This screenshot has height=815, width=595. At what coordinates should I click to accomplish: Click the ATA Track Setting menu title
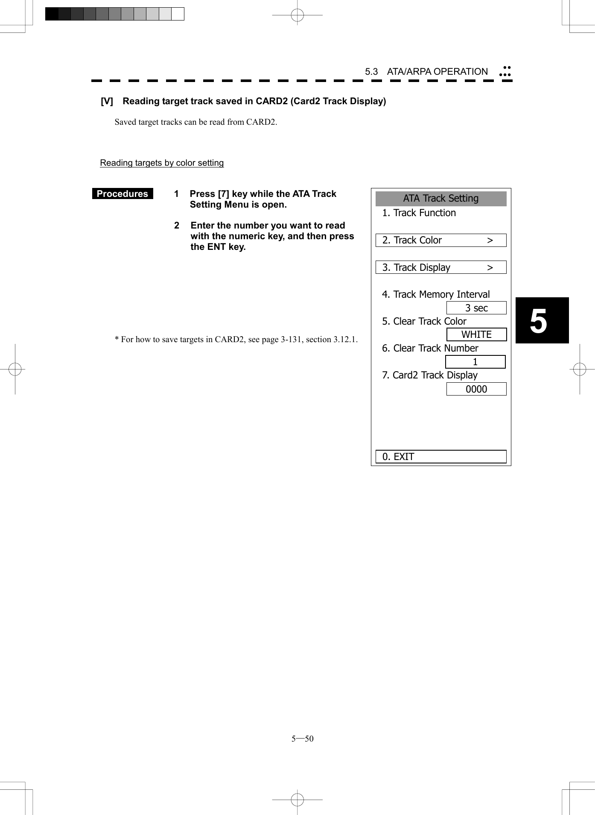coord(440,199)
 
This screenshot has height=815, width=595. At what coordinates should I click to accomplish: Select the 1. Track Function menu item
coord(419,213)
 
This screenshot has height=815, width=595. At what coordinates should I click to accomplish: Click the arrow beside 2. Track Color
coord(490,240)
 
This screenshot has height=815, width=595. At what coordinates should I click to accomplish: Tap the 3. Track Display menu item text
coord(416,267)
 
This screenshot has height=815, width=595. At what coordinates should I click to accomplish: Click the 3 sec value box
coord(476,308)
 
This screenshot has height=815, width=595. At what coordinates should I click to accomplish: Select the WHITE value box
coord(476,334)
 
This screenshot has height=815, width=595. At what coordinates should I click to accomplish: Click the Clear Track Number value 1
coord(475,362)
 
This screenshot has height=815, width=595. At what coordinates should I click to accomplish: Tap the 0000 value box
coord(476,389)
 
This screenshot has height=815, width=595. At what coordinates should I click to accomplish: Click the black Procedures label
coord(122,194)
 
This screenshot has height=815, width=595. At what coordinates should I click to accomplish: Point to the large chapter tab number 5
coord(539,321)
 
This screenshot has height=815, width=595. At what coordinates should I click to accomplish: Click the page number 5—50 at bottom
coord(302,739)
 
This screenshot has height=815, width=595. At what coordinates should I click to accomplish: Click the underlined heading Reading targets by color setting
coord(162,163)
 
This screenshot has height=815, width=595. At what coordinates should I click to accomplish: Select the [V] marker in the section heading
coord(107,101)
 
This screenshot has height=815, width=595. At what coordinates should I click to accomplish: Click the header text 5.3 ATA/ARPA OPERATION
coord(426,72)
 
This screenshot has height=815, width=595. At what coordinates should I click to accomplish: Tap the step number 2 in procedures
coord(177,226)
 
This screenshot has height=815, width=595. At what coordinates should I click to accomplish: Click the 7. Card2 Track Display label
coord(429,375)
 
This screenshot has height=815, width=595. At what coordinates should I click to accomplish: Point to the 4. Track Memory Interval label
coord(435,294)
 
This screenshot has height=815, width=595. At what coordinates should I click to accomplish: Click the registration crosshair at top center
coord(297,15)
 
